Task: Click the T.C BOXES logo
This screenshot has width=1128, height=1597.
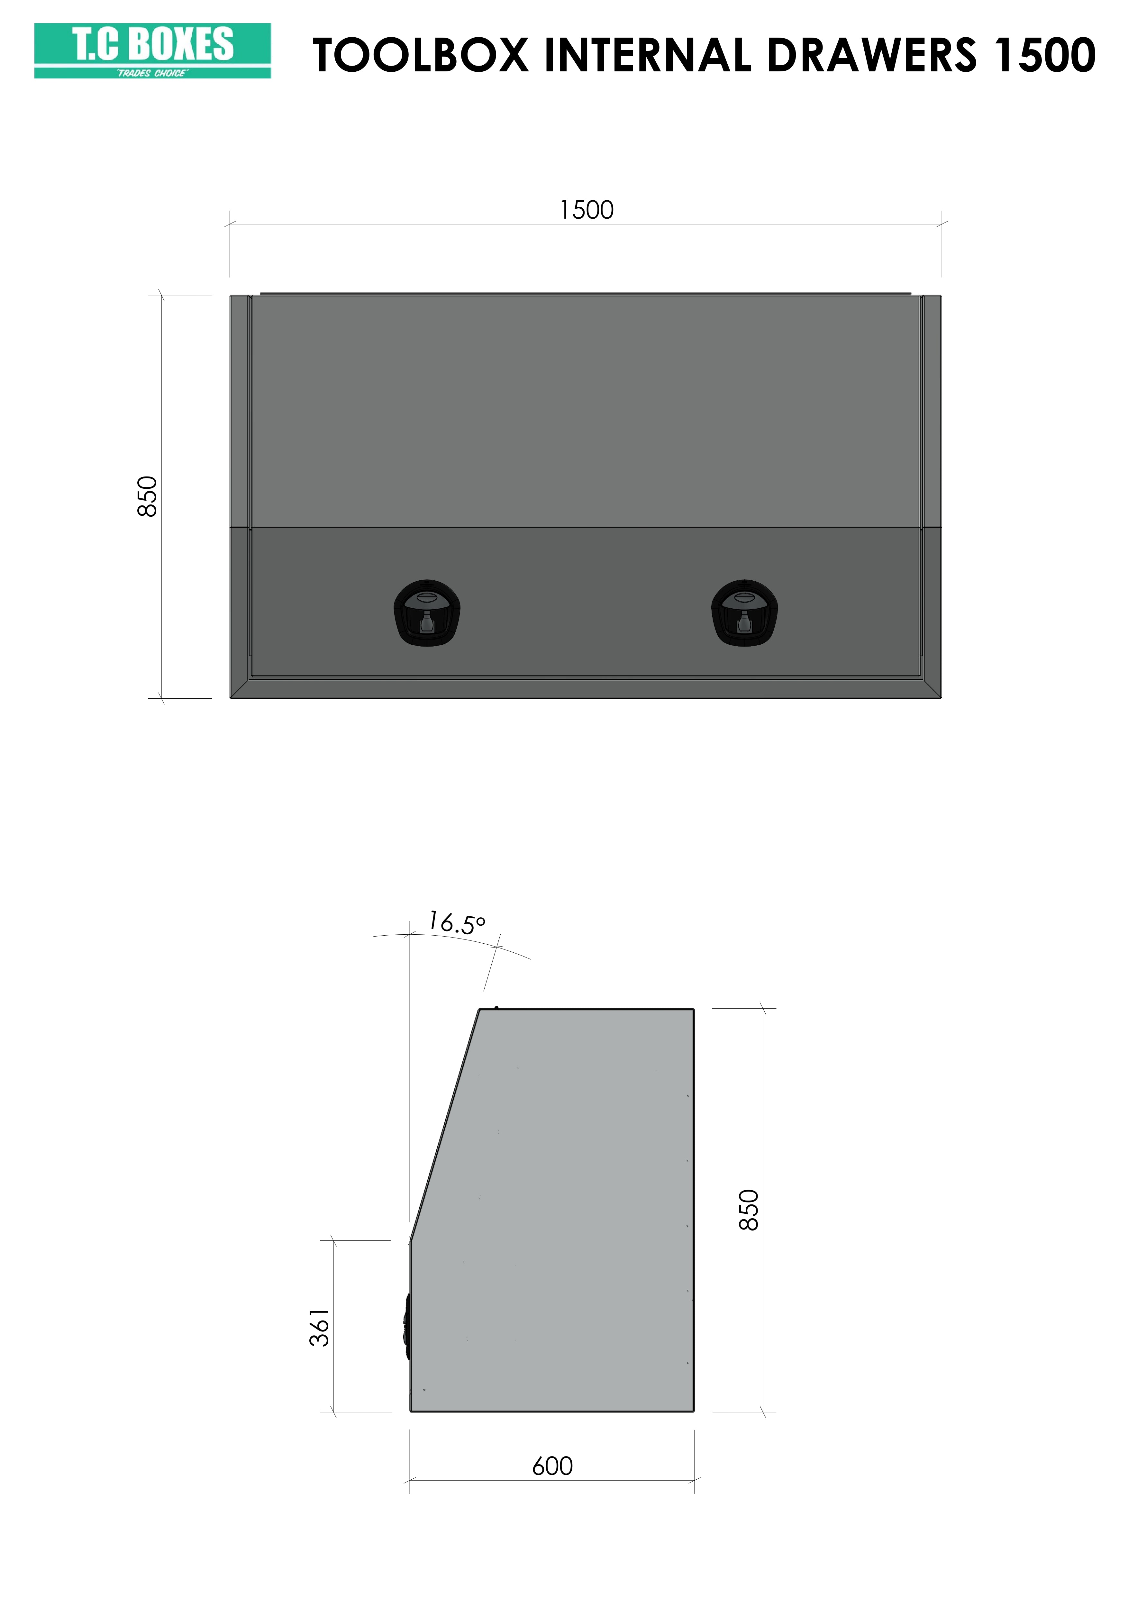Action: tap(152, 51)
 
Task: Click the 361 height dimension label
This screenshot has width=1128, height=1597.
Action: tap(319, 1328)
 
